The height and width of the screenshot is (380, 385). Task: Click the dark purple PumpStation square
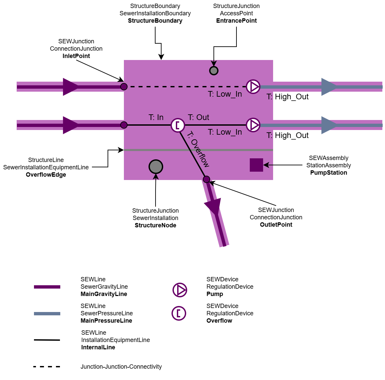(x=256, y=165)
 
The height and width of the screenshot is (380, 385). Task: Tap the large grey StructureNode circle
(x=156, y=167)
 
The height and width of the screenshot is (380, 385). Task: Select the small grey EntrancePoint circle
(x=214, y=71)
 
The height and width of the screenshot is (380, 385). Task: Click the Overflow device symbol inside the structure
(x=178, y=125)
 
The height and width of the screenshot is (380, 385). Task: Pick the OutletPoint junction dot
(x=206, y=179)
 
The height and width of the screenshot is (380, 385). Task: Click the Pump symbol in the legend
(x=180, y=290)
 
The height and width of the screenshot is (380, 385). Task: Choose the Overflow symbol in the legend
(x=179, y=313)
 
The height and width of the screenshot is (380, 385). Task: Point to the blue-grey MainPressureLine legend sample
(x=47, y=314)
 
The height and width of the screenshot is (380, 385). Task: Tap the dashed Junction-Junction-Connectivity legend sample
(x=47, y=367)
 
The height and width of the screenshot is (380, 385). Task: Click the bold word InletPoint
(x=76, y=56)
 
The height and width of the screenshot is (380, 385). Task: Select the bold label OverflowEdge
(x=46, y=175)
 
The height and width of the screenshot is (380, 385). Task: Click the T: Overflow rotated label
(x=198, y=149)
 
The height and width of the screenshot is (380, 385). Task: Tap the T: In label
(x=156, y=117)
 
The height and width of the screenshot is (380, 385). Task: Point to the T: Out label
(x=198, y=117)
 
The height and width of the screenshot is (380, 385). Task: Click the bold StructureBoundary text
(x=155, y=21)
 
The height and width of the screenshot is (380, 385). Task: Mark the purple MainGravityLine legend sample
(x=47, y=287)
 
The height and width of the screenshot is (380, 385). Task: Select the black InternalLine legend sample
(x=47, y=340)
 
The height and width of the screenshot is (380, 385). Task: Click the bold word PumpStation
(x=329, y=173)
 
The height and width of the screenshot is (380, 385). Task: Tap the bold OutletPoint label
(x=276, y=225)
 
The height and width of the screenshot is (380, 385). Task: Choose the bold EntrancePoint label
(x=236, y=21)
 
